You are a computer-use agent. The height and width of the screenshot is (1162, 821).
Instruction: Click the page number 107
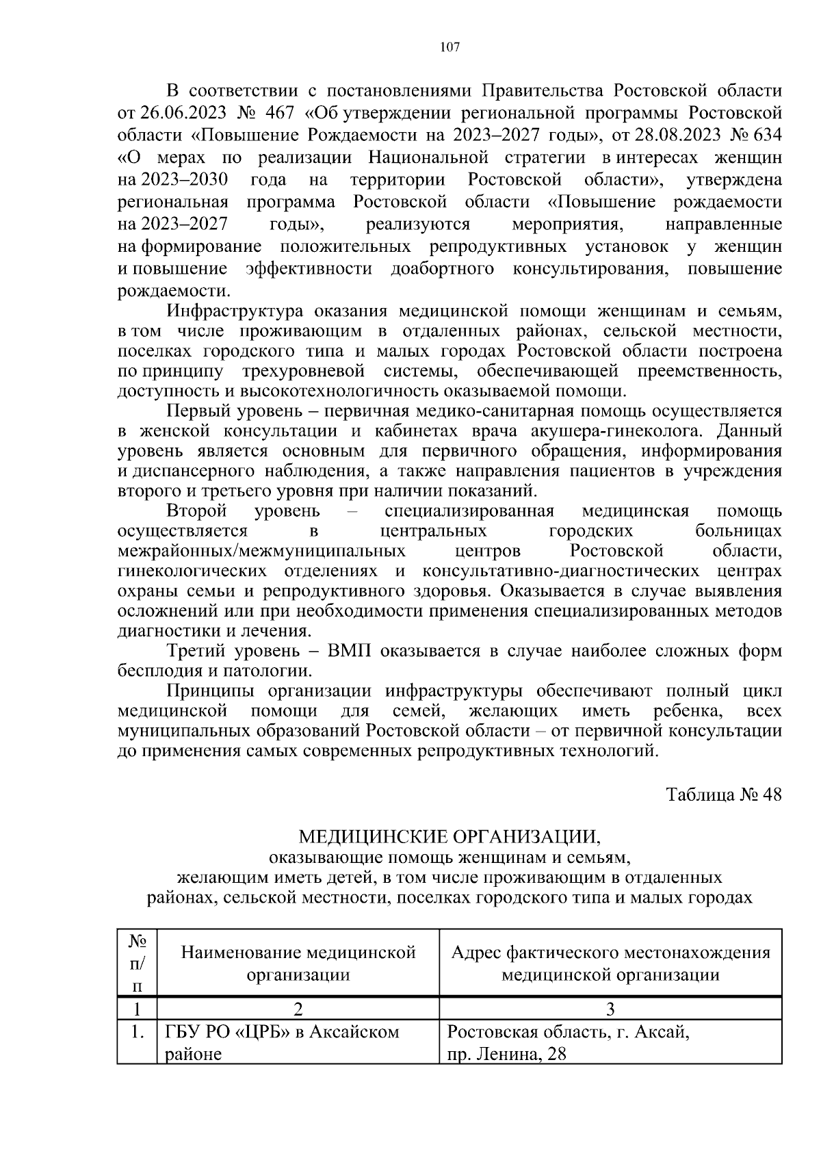point(449,47)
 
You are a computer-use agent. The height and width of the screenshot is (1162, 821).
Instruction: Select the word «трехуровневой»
point(302,372)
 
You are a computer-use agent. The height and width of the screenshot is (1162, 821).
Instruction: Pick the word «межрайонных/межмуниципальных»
point(262,552)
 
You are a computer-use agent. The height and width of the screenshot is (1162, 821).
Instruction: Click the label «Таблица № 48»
point(724,795)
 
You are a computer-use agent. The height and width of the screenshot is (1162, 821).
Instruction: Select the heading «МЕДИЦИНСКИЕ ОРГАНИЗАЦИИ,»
point(449,836)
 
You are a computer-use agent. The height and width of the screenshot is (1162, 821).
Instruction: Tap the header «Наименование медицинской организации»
point(298,963)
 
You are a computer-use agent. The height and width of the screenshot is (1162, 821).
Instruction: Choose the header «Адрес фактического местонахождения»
point(610,953)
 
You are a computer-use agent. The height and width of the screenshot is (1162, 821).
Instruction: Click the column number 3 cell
point(610,1009)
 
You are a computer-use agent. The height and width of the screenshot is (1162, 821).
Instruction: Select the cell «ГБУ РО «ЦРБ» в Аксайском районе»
point(281,1042)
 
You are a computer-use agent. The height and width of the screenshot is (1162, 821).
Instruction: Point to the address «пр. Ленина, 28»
point(507,1055)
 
